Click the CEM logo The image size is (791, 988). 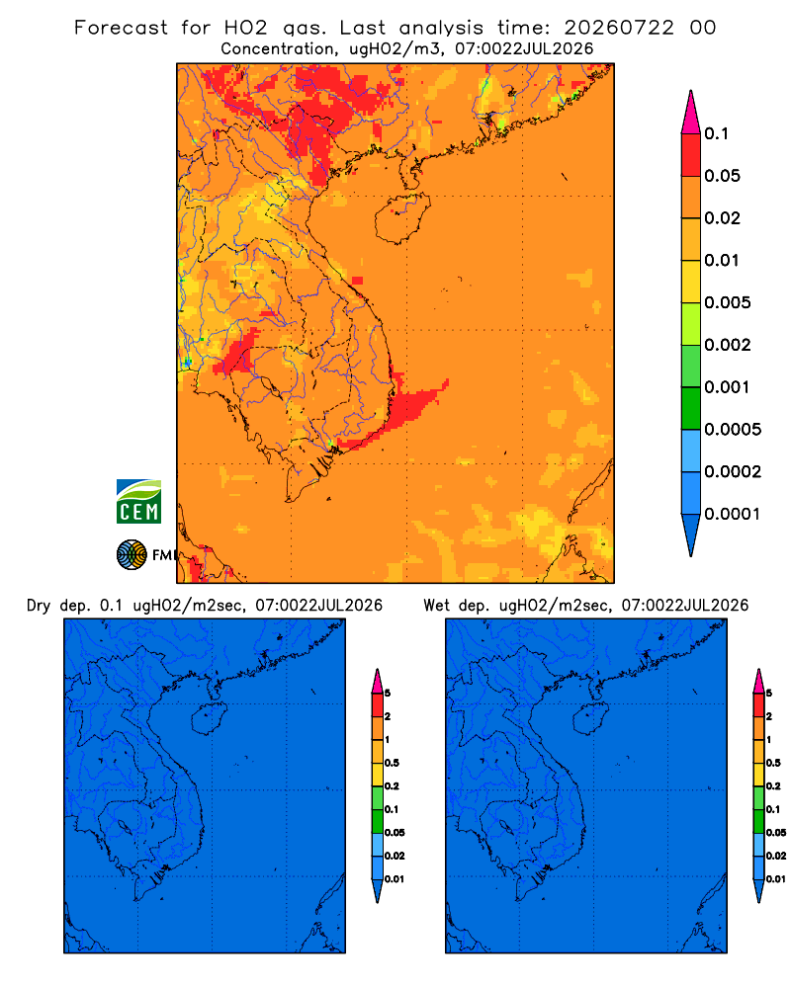[138, 501]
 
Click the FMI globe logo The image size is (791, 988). [132, 554]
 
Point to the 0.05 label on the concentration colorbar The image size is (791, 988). [722, 176]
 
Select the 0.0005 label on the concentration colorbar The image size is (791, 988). [733, 429]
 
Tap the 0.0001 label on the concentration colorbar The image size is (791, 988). [733, 514]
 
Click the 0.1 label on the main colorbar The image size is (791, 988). [717, 133]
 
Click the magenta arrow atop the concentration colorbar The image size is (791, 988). [691, 112]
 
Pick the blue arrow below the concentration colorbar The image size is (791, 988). [691, 535]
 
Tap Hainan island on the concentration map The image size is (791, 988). [402, 217]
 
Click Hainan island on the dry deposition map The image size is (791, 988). [208, 718]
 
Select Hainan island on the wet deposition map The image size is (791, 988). [589, 718]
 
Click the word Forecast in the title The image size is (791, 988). [121, 28]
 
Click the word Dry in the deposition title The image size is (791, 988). [38, 606]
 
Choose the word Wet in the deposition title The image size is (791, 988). [436, 606]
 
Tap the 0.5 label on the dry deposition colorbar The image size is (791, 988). [392, 763]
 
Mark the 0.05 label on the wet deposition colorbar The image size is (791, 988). [776, 832]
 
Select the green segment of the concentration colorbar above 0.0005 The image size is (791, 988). [691, 408]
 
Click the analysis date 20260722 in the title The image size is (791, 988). [619, 28]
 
